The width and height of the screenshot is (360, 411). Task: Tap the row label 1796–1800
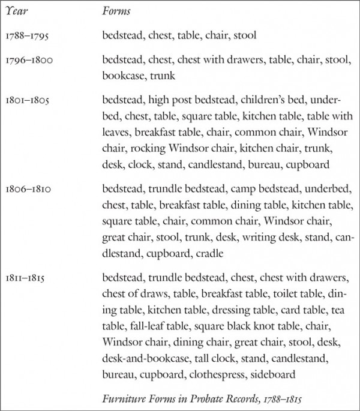(28, 61)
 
